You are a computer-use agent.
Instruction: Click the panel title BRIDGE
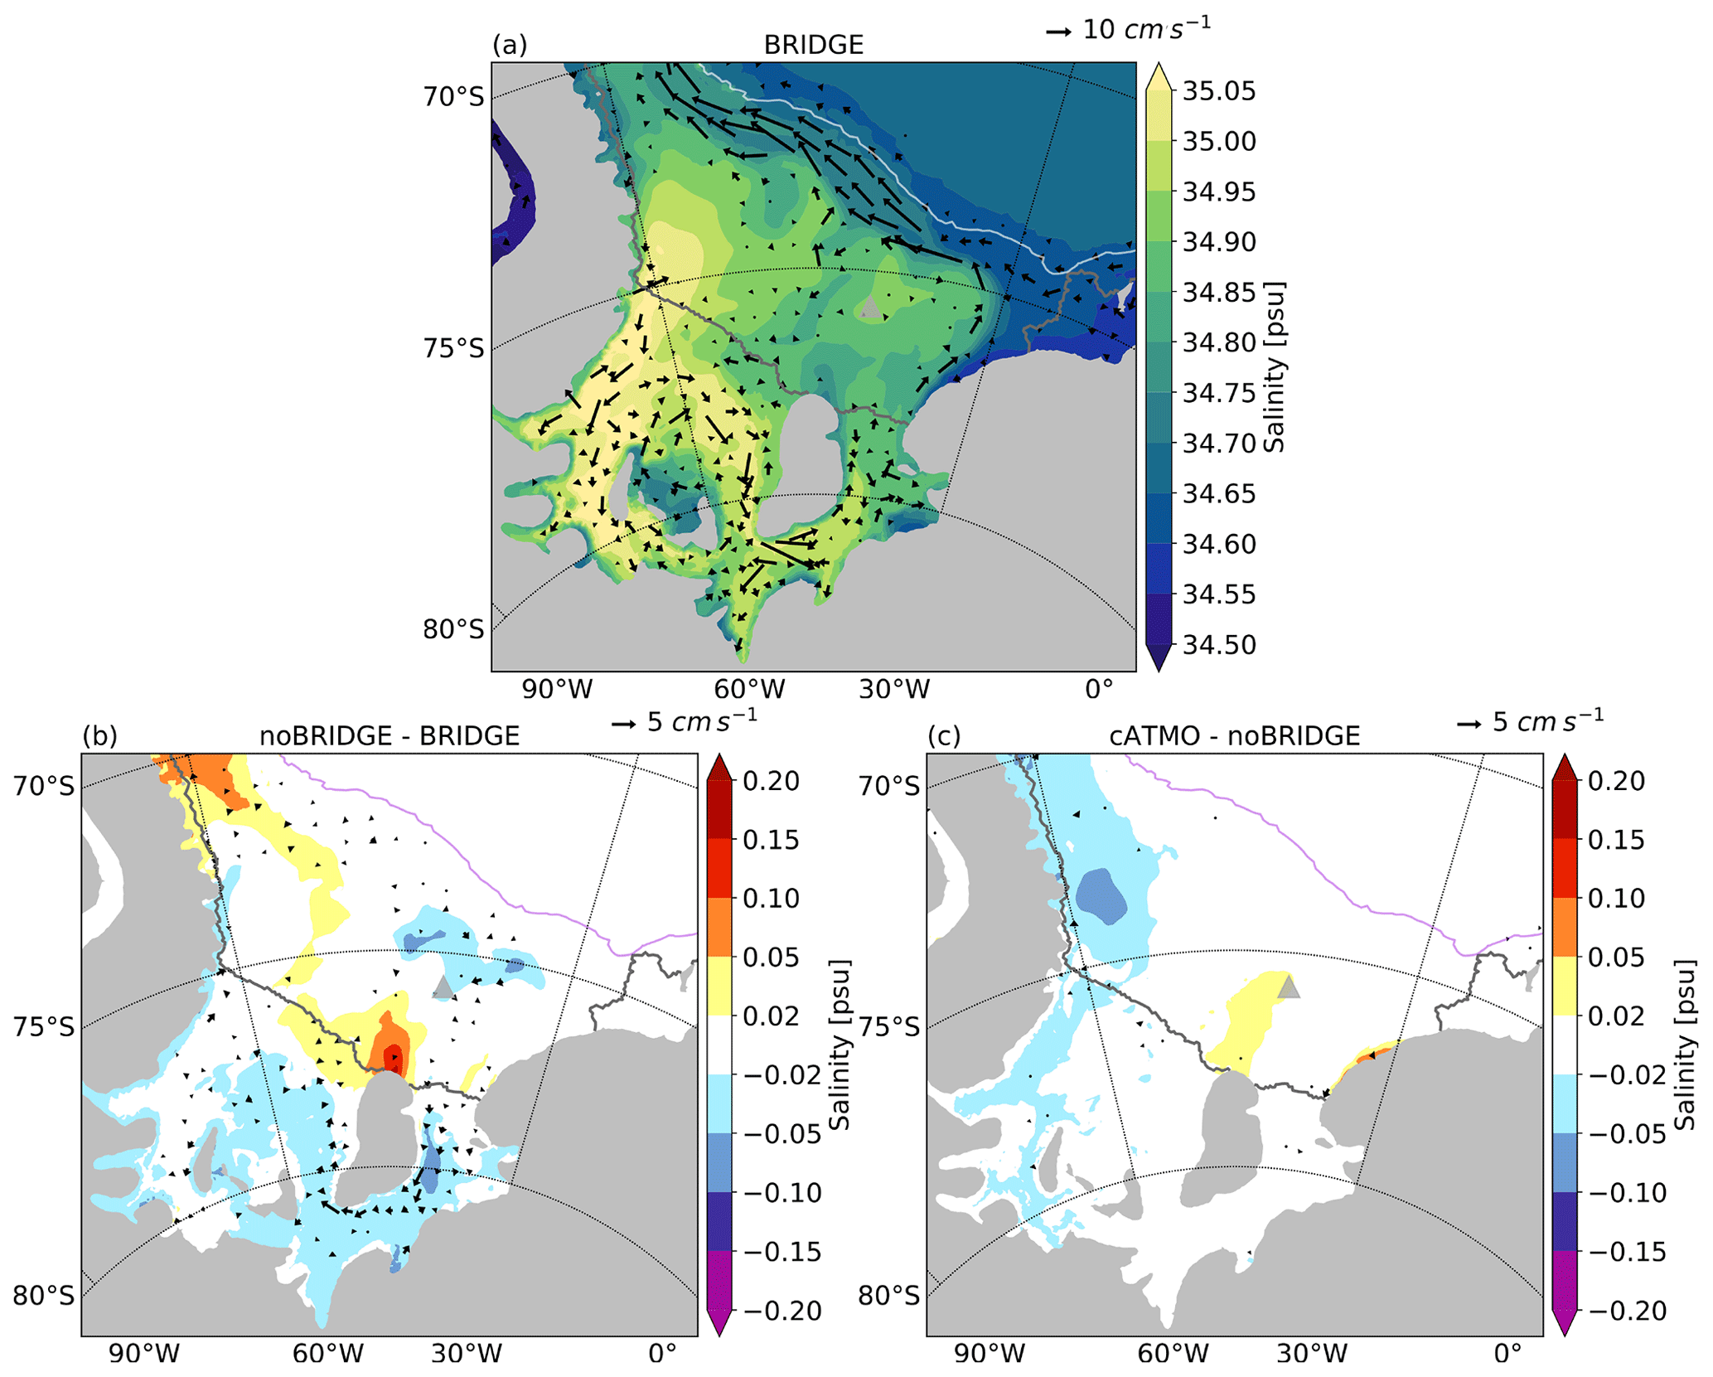(x=813, y=45)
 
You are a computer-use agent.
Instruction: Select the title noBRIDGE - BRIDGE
(x=390, y=735)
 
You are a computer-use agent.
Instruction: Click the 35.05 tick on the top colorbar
(x=1218, y=91)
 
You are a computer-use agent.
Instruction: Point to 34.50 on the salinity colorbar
(x=1218, y=644)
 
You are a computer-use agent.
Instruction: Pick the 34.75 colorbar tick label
(x=1218, y=393)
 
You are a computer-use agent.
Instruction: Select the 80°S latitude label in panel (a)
(x=453, y=629)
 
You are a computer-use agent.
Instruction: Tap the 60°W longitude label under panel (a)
(x=749, y=689)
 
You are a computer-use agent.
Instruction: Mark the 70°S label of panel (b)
(x=43, y=785)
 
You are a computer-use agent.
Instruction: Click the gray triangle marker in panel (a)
(x=869, y=308)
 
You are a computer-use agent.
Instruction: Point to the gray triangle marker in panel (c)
(x=1288, y=987)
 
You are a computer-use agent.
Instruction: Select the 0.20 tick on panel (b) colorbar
(x=771, y=781)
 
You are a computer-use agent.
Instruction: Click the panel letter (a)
(x=509, y=45)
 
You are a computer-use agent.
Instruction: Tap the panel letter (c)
(x=944, y=735)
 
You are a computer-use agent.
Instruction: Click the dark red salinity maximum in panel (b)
(x=394, y=1059)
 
